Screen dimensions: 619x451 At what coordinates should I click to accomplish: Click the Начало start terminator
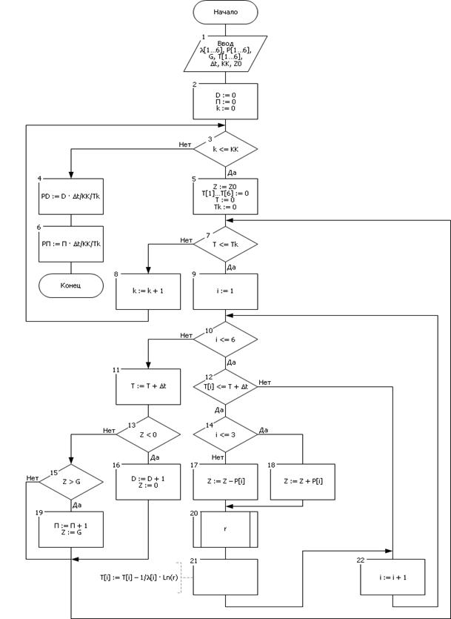(225, 13)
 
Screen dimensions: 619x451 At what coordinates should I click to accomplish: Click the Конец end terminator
(71, 285)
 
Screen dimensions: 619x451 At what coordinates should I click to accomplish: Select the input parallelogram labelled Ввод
(225, 53)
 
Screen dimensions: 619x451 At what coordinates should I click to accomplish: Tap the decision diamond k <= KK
(225, 150)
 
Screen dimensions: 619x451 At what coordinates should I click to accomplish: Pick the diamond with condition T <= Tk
(225, 244)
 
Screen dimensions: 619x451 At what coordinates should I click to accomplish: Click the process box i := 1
(225, 291)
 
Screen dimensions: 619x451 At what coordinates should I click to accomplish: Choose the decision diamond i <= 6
(225, 340)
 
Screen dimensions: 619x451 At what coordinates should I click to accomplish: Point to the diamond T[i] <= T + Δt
(225, 387)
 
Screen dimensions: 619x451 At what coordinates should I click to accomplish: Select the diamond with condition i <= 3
(225, 434)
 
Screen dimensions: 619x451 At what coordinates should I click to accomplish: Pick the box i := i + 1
(394, 577)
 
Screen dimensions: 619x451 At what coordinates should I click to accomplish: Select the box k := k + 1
(148, 291)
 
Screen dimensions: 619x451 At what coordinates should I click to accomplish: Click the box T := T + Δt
(148, 387)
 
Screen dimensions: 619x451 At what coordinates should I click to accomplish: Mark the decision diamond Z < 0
(148, 434)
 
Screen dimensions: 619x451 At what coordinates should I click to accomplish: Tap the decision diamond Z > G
(71, 483)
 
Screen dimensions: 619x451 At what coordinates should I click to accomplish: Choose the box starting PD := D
(71, 196)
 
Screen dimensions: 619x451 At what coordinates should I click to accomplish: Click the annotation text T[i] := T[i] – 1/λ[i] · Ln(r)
(137, 576)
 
